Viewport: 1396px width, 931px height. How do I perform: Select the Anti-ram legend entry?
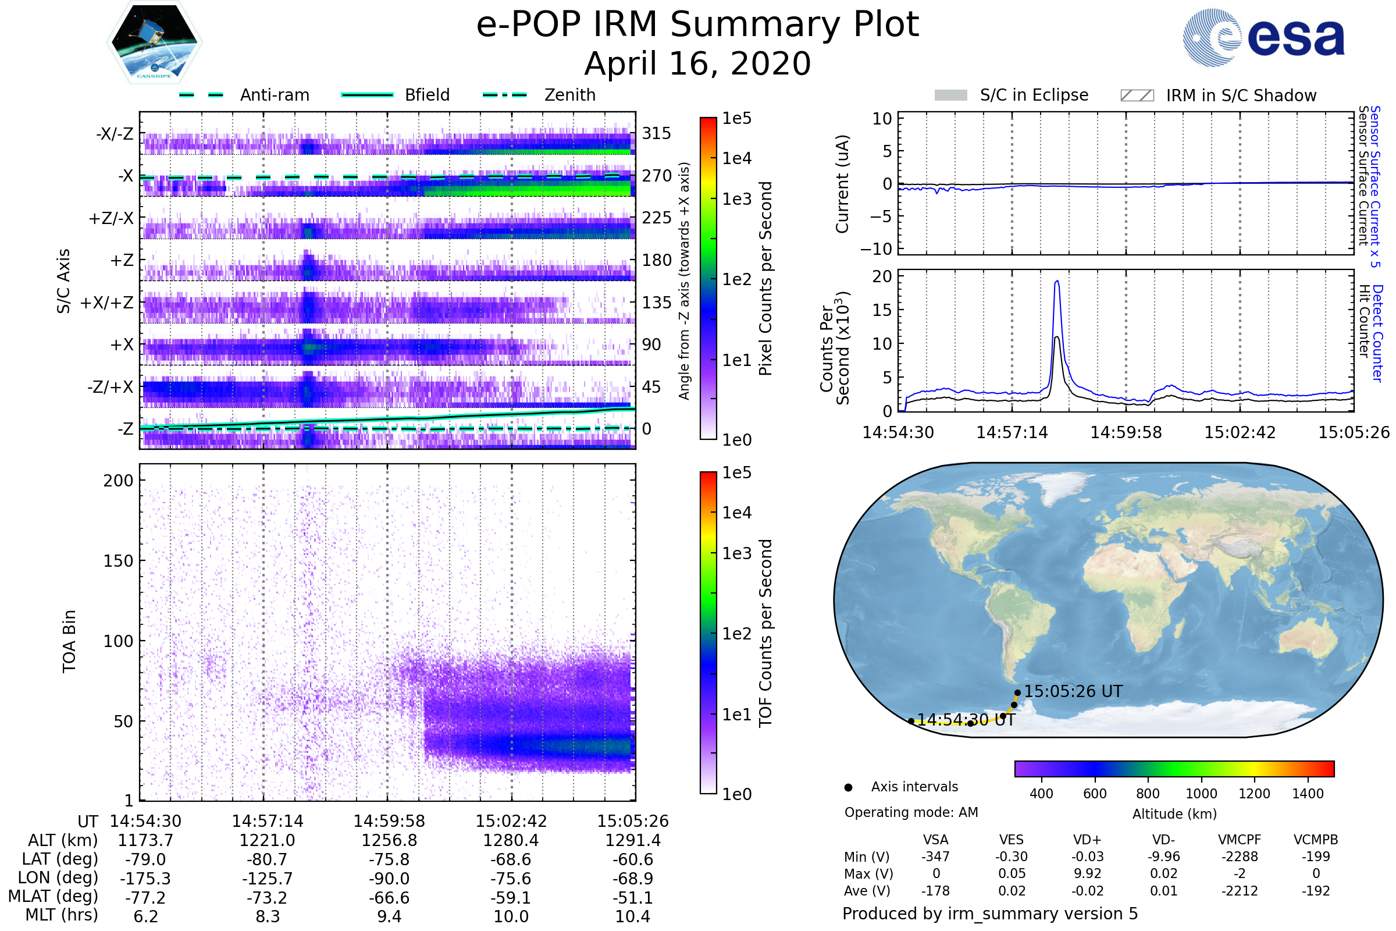(x=274, y=95)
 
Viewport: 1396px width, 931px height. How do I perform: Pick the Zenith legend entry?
(x=569, y=95)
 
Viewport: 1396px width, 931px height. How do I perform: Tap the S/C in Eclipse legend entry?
(x=1034, y=95)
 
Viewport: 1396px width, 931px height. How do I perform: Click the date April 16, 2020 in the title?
(x=697, y=63)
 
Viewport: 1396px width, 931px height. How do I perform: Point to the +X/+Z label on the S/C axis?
(x=107, y=303)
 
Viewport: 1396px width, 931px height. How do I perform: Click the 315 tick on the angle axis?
(x=656, y=133)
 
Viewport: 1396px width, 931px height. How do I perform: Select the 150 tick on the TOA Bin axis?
(x=118, y=561)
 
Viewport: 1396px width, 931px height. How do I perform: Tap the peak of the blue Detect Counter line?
(x=1057, y=282)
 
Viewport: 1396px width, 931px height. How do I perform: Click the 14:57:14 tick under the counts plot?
(x=1012, y=432)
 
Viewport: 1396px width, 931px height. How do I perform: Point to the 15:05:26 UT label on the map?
(x=1073, y=692)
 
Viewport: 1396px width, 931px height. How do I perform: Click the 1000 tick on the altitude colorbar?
(x=1201, y=794)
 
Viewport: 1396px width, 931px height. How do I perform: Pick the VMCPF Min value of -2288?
(x=1240, y=857)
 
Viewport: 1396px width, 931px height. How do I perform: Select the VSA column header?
(x=935, y=840)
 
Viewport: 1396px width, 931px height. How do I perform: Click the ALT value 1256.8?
(x=389, y=841)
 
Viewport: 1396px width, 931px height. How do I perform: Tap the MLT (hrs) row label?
(x=61, y=915)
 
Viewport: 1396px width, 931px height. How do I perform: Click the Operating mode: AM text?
(x=911, y=812)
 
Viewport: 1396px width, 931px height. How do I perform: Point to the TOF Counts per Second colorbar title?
(x=765, y=633)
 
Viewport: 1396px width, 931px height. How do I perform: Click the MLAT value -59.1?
(x=511, y=898)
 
